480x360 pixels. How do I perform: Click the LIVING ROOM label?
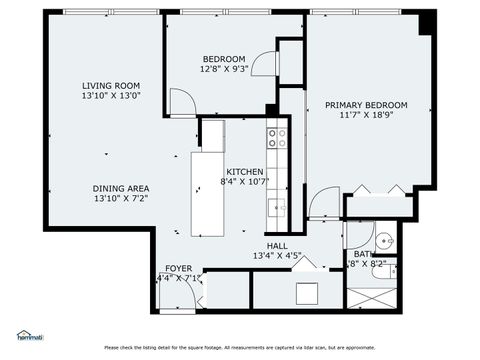[111, 85]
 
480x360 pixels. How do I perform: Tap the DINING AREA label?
[121, 188]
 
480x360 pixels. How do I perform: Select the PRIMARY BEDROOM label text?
[366, 104]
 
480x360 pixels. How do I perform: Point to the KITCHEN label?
[244, 171]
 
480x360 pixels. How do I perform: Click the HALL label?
[277, 245]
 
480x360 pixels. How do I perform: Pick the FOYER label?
[179, 268]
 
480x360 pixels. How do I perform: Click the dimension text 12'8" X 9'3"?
[223, 70]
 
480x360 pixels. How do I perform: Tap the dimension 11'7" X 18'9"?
[366, 115]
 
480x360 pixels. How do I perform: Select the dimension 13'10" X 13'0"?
[111, 96]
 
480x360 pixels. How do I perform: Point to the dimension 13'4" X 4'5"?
[277, 256]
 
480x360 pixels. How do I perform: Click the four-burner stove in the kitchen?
[277, 137]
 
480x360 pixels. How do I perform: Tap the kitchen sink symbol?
[278, 208]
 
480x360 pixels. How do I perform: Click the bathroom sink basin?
[386, 241]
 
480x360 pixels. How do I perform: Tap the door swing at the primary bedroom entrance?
[324, 203]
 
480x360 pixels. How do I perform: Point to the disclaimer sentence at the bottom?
[240, 347]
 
